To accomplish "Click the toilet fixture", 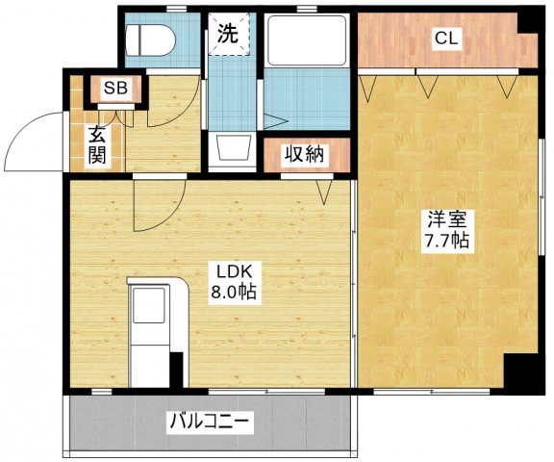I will pos(151,40).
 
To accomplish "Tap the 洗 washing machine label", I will pos(227,33).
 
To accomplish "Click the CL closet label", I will pos(445,38).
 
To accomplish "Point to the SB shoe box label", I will pos(115,89).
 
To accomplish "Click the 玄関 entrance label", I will pos(97,145).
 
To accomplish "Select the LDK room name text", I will pos(232,270).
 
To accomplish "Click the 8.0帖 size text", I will pos(232,292).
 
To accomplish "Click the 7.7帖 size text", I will pos(446,241).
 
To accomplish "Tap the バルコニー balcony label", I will pos(211,421).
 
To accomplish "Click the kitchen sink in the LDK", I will pos(150,307).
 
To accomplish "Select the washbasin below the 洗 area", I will pos(232,148).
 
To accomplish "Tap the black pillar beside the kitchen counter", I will pos(176,371).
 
